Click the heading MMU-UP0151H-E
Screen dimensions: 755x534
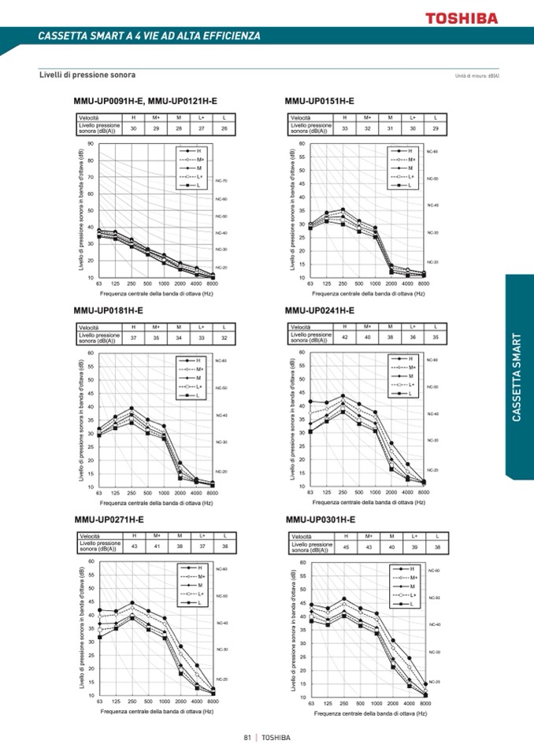319,101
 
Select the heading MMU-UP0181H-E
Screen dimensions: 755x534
109,311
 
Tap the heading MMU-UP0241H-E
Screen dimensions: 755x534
320,310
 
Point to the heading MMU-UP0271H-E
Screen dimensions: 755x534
109,520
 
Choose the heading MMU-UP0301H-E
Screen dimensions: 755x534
320,520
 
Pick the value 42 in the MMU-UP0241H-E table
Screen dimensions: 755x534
344,337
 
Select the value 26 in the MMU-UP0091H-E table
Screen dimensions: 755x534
224,128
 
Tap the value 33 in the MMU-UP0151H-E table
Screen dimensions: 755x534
344,128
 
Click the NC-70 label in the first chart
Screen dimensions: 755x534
222,181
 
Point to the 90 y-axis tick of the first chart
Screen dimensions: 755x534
91,144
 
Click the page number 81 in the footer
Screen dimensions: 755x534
247,738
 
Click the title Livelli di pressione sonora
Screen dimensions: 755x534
87,75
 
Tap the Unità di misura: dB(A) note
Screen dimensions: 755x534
477,76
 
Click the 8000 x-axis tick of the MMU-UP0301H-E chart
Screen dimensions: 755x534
425,703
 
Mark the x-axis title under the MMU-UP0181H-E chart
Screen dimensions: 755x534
157,502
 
